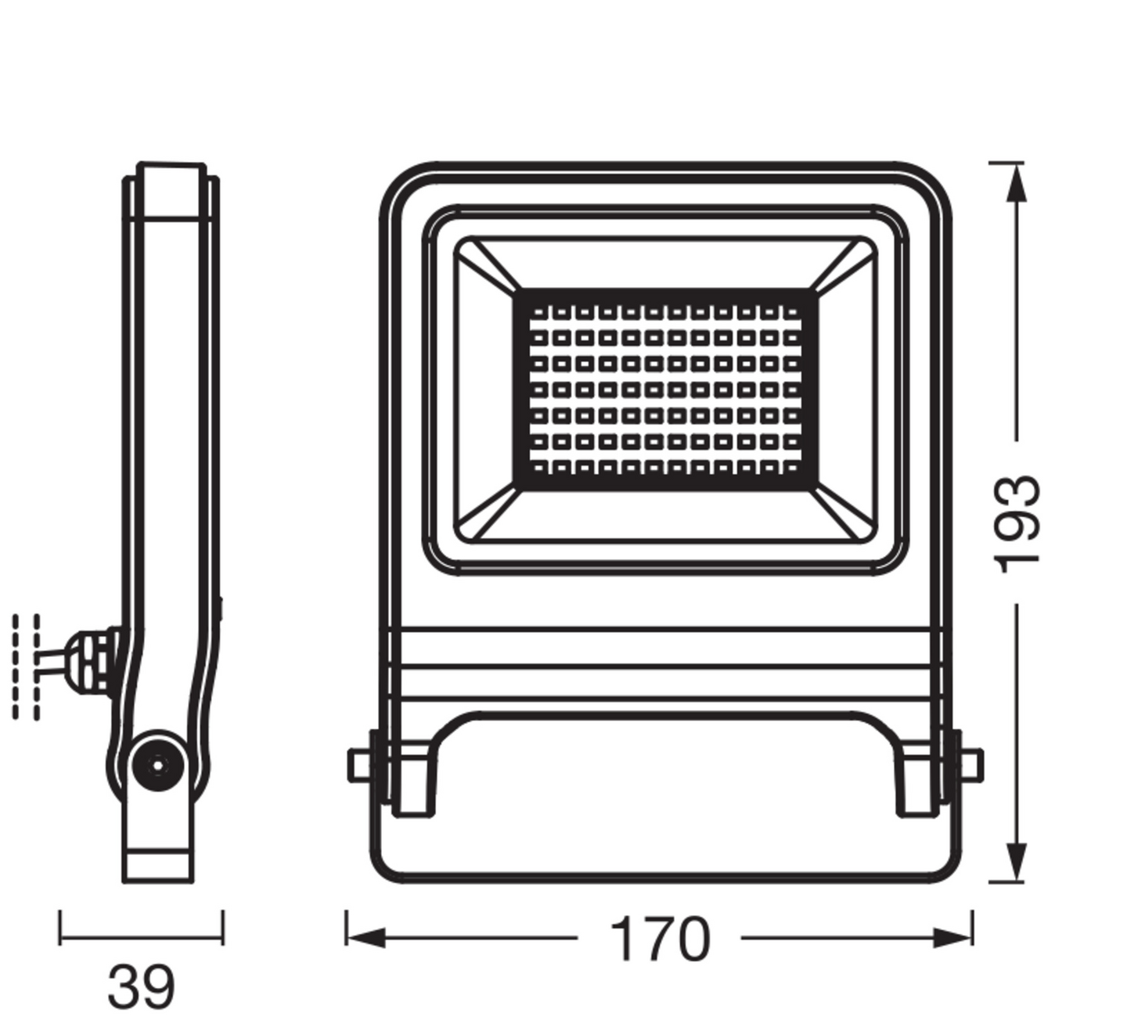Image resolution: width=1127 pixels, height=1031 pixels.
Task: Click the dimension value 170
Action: click(x=659, y=939)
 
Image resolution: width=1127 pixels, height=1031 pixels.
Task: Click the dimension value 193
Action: click(x=1017, y=523)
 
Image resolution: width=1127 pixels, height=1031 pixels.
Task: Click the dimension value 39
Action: click(x=141, y=987)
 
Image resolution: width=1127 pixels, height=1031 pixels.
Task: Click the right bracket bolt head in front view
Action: click(x=971, y=765)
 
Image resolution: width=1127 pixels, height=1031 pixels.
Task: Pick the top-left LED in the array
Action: click(x=539, y=313)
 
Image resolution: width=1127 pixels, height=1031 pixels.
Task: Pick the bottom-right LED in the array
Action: click(x=791, y=468)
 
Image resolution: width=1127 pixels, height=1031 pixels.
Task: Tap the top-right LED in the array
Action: click(x=791, y=313)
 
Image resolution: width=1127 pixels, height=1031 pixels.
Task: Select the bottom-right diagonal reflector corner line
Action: click(x=843, y=514)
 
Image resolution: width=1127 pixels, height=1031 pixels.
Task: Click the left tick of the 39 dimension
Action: click(x=60, y=927)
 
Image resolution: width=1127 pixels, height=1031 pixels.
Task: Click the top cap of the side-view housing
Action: click(x=171, y=191)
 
